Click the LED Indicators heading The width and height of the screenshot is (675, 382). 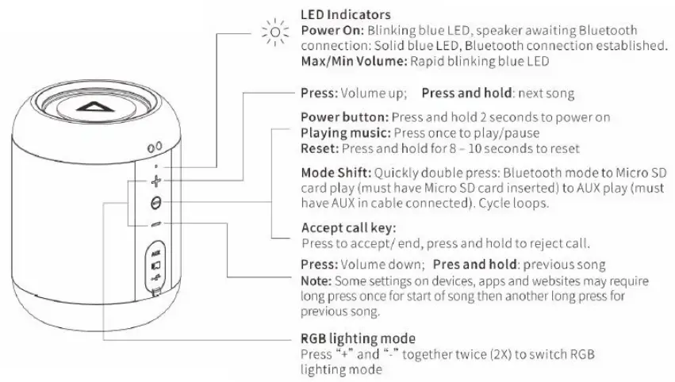click(x=344, y=15)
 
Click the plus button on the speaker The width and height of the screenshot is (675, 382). click(x=155, y=181)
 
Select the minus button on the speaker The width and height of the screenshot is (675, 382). click(x=155, y=224)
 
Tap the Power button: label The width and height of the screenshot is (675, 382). click(x=342, y=117)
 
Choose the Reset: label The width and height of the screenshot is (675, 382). click(x=319, y=147)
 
